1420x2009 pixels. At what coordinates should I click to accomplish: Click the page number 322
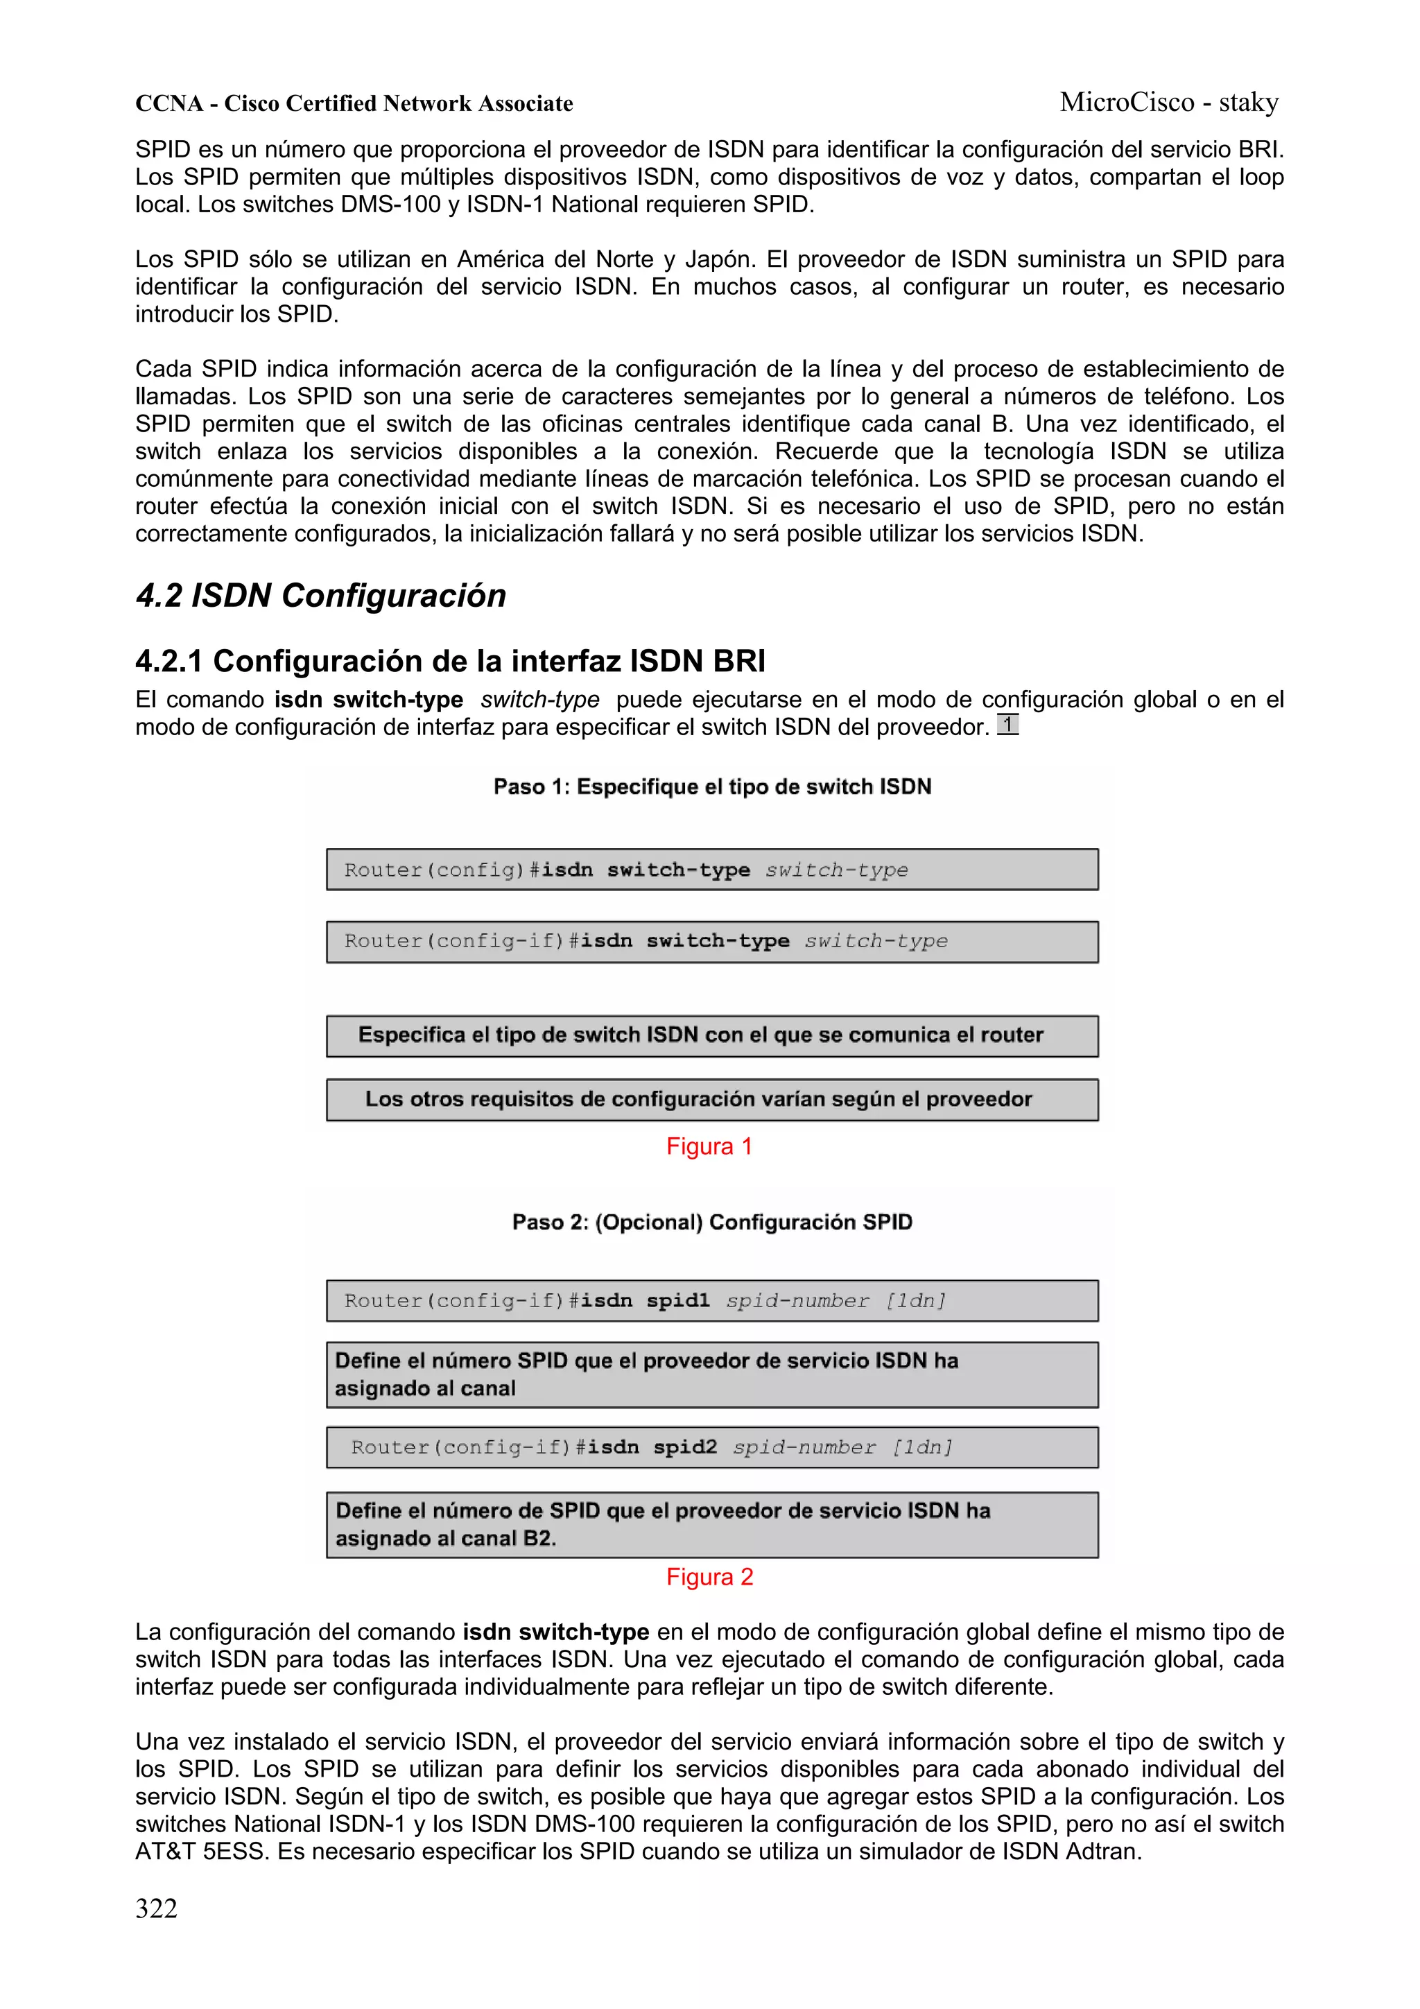point(157,1908)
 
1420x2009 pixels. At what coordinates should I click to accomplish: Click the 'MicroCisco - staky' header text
point(1169,103)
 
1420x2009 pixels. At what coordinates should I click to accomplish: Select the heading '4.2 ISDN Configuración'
point(320,595)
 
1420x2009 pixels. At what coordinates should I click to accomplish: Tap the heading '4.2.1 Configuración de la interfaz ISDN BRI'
point(450,661)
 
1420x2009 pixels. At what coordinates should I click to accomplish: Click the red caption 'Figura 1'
point(709,1146)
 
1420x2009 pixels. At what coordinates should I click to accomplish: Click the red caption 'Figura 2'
point(709,1577)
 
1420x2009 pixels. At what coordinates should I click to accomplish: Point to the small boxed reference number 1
point(1008,725)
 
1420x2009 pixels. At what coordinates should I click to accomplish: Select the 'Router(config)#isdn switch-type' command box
point(711,870)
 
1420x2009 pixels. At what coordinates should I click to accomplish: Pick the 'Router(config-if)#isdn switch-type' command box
point(711,942)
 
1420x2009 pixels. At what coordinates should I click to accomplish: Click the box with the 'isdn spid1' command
point(711,1301)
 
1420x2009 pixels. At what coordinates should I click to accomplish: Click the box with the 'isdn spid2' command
point(711,1447)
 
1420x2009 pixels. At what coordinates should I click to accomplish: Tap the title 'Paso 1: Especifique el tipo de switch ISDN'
point(711,786)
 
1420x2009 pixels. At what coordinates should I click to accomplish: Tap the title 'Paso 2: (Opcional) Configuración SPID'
point(711,1223)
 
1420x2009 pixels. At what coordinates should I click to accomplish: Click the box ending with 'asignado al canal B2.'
point(711,1524)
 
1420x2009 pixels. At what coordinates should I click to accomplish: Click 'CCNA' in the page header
point(169,104)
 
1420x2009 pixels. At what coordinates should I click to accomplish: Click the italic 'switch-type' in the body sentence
point(540,700)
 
